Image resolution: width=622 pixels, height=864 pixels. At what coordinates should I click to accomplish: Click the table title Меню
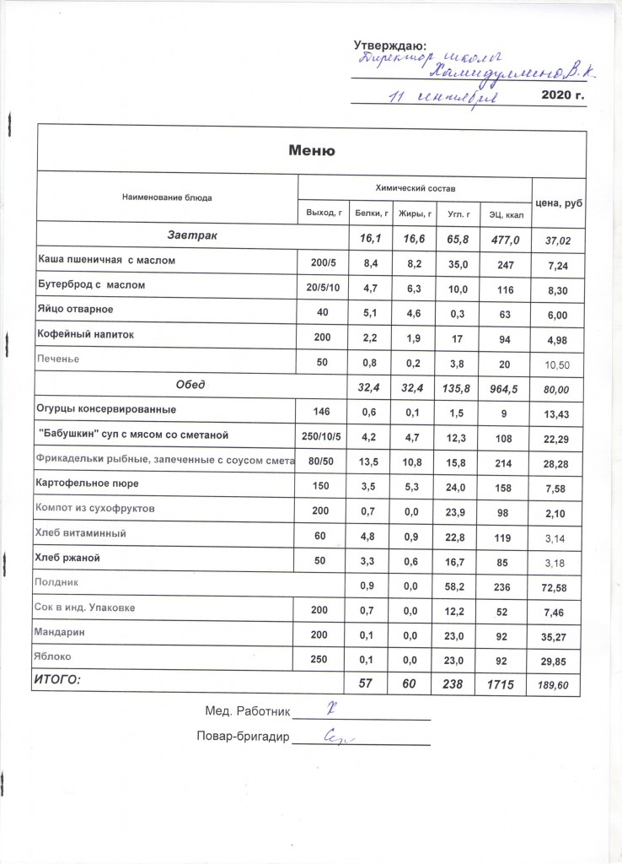click(313, 151)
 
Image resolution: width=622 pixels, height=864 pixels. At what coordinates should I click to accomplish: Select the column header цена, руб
click(560, 203)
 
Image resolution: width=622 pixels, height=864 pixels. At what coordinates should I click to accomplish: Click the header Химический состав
click(415, 185)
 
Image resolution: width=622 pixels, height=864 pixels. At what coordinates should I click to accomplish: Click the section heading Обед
click(190, 385)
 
